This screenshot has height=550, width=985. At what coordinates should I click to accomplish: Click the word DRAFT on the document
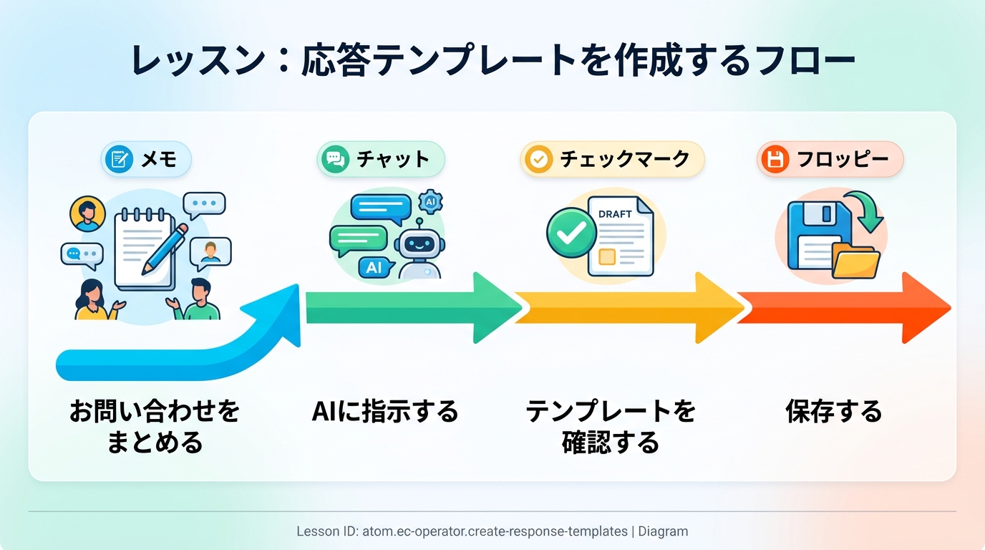click(614, 214)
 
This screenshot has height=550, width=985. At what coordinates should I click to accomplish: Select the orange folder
click(855, 261)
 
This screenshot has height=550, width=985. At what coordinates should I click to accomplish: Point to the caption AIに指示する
click(385, 412)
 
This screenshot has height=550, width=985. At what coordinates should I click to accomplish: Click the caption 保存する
click(833, 412)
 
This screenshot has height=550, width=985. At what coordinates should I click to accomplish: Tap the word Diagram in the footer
click(663, 531)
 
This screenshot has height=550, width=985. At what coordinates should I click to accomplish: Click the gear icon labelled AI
click(430, 202)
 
